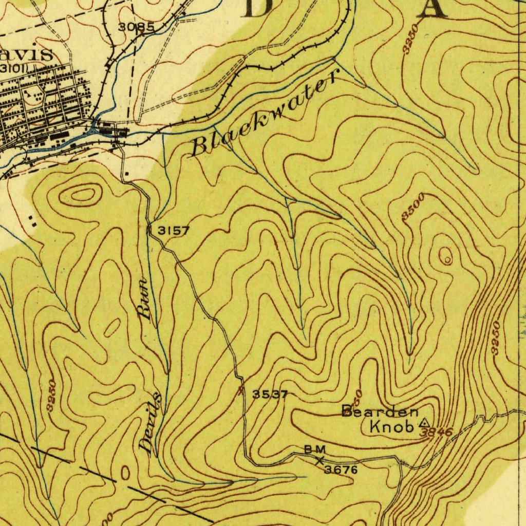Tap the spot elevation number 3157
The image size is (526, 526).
(173, 231)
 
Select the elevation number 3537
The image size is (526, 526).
(270, 394)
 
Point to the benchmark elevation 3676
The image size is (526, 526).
(341, 469)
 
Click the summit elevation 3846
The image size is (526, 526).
(436, 433)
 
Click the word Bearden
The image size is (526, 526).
(380, 411)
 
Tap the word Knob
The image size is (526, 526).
(392, 426)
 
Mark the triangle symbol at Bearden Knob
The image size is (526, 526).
(423, 423)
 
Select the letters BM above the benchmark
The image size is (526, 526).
(314, 450)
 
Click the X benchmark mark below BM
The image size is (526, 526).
(320, 461)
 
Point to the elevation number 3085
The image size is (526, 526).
(136, 28)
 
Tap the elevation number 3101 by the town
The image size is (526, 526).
(14, 68)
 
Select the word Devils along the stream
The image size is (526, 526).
(153, 424)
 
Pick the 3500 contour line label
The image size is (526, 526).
(413, 207)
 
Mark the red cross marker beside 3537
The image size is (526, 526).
(241, 392)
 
